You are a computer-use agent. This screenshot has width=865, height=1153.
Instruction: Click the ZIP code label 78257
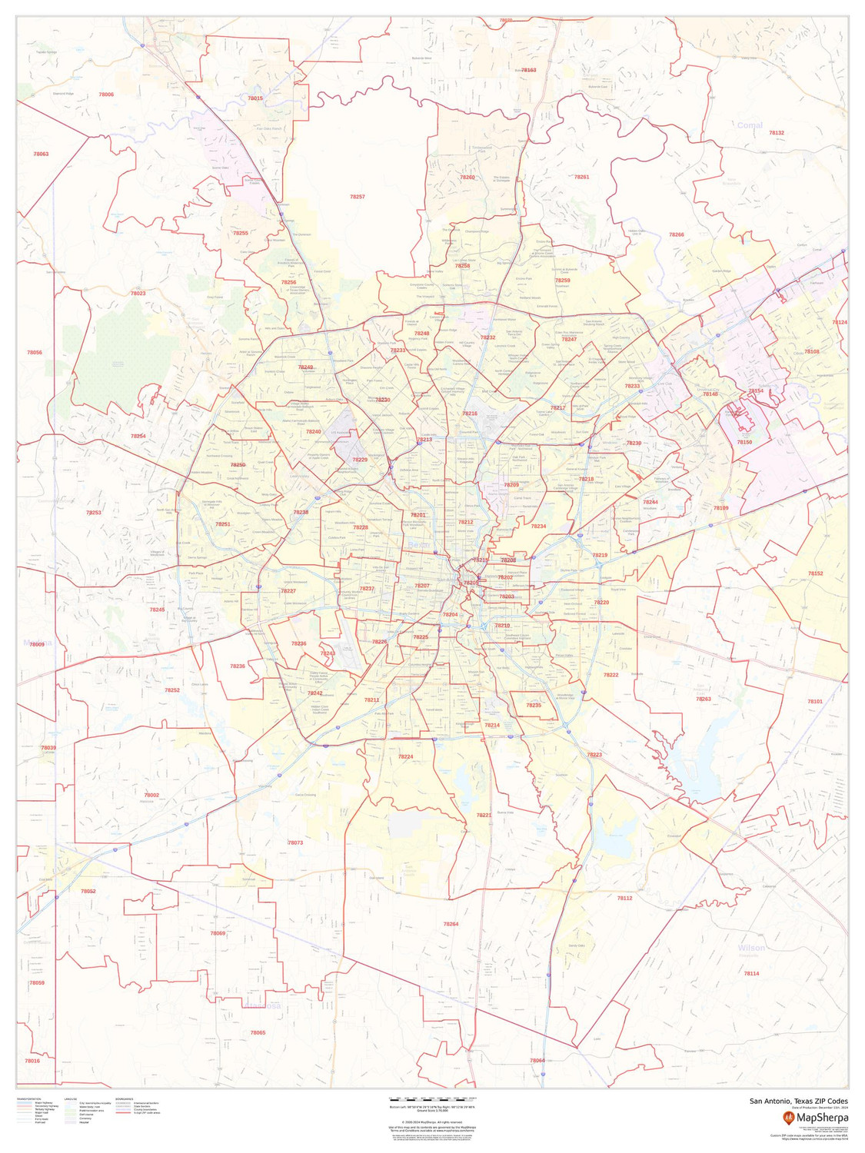357,198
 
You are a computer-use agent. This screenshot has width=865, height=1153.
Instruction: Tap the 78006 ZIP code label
106,95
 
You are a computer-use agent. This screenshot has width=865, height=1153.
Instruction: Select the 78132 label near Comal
777,133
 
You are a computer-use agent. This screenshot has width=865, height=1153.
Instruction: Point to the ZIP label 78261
581,177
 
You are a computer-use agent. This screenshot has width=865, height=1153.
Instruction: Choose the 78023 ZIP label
138,294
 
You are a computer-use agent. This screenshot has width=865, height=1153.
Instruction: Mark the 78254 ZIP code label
138,436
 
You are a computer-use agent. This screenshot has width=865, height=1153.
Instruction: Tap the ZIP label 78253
94,512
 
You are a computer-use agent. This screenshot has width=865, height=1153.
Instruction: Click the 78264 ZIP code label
451,923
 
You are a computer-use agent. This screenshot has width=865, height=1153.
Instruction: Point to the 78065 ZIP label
258,1032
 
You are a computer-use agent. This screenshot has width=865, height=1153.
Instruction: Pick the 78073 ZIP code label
295,842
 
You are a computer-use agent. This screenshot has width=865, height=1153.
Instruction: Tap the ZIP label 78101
815,702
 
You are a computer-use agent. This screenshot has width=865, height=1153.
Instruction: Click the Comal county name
749,125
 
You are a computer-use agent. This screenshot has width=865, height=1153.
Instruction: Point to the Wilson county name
750,948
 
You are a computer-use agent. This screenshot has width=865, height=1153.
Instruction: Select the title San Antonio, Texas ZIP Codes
799,1101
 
